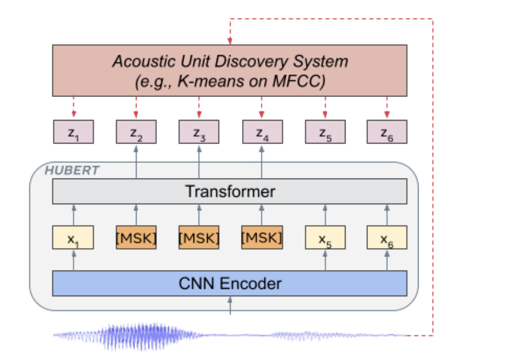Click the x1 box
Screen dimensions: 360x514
click(x=73, y=237)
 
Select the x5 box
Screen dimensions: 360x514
click(x=325, y=237)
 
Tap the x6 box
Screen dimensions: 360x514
click(x=387, y=237)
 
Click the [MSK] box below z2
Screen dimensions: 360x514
click(x=136, y=237)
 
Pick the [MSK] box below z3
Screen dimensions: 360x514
click(x=199, y=237)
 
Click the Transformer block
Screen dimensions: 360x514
click(x=230, y=191)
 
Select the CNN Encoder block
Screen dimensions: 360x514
click(x=230, y=284)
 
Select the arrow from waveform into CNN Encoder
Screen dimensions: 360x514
click(x=230, y=305)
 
